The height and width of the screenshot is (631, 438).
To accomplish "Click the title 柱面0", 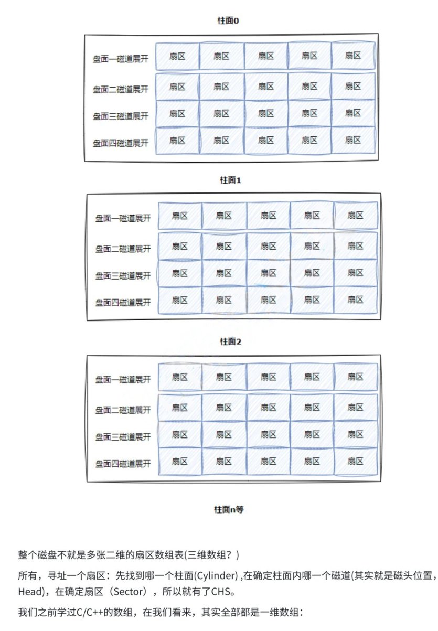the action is click(228, 20).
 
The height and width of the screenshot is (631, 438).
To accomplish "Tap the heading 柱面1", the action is click(230, 180).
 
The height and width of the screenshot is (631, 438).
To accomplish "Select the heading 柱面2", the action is click(230, 341).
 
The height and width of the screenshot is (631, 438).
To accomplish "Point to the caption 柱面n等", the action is click(228, 509).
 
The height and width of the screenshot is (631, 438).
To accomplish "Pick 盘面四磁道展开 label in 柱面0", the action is click(121, 143).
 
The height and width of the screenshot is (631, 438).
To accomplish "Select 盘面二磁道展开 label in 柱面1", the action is click(123, 249).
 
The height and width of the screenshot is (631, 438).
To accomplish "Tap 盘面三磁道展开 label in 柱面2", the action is click(123, 436).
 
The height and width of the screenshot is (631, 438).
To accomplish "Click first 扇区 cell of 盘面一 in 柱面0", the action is click(177, 56).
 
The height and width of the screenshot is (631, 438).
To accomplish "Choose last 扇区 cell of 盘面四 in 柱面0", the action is click(353, 140).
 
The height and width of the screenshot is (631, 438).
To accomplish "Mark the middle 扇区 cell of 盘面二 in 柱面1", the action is click(269, 246).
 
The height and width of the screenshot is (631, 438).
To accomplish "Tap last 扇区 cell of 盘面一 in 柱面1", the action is click(356, 215).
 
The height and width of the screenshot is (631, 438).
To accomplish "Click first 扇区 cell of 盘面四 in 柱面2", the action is click(180, 461).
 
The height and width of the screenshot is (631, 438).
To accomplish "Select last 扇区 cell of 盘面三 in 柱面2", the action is click(356, 434).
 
